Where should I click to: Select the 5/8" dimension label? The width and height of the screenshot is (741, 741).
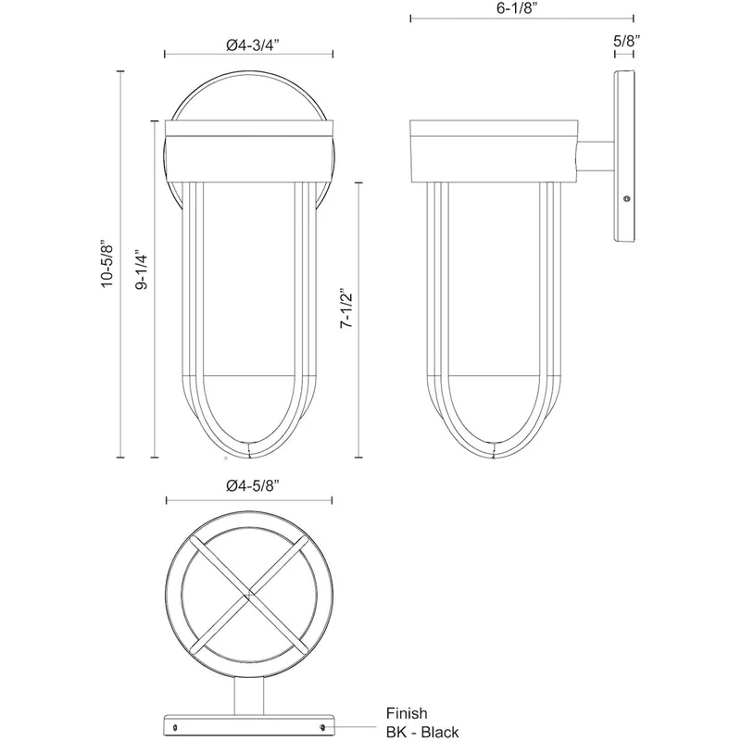627,41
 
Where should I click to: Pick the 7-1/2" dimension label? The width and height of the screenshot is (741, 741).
346,308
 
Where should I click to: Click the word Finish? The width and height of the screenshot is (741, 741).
407,713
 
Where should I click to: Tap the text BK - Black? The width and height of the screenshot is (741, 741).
422,732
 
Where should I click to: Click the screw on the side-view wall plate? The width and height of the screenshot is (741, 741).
627,199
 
